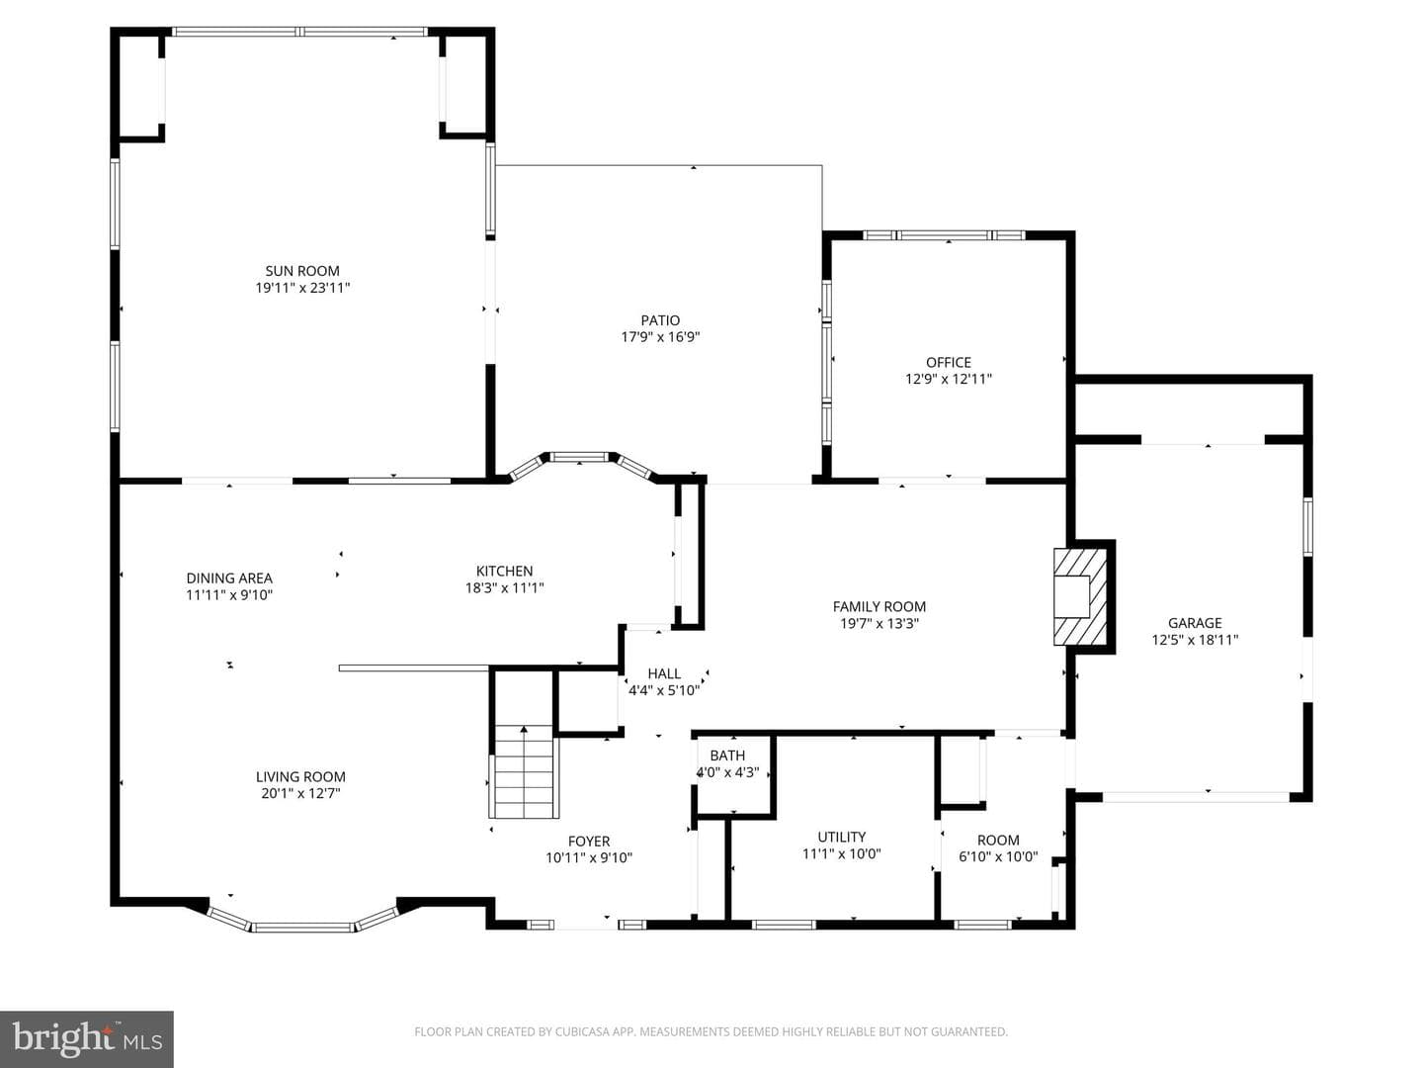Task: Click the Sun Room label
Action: click(x=302, y=270)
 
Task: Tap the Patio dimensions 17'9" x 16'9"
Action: click(x=661, y=336)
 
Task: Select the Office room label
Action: click(x=949, y=362)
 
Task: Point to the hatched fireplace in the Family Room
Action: click(x=1079, y=596)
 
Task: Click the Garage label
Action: click(x=1195, y=623)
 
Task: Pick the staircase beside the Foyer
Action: click(x=524, y=771)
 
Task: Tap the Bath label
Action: click(x=727, y=755)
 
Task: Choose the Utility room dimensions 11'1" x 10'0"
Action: click(x=842, y=853)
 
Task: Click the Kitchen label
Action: click(x=504, y=571)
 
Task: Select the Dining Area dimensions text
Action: click(x=229, y=594)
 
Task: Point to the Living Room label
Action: click(x=300, y=776)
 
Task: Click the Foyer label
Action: click(x=589, y=841)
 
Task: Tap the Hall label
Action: click(x=664, y=673)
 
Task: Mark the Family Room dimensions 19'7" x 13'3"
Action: click(x=879, y=623)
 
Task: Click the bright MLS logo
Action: click(x=87, y=1038)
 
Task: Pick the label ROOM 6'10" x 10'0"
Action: click(x=998, y=848)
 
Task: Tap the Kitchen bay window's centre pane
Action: click(x=579, y=457)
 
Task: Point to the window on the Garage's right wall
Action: click(x=1307, y=526)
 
